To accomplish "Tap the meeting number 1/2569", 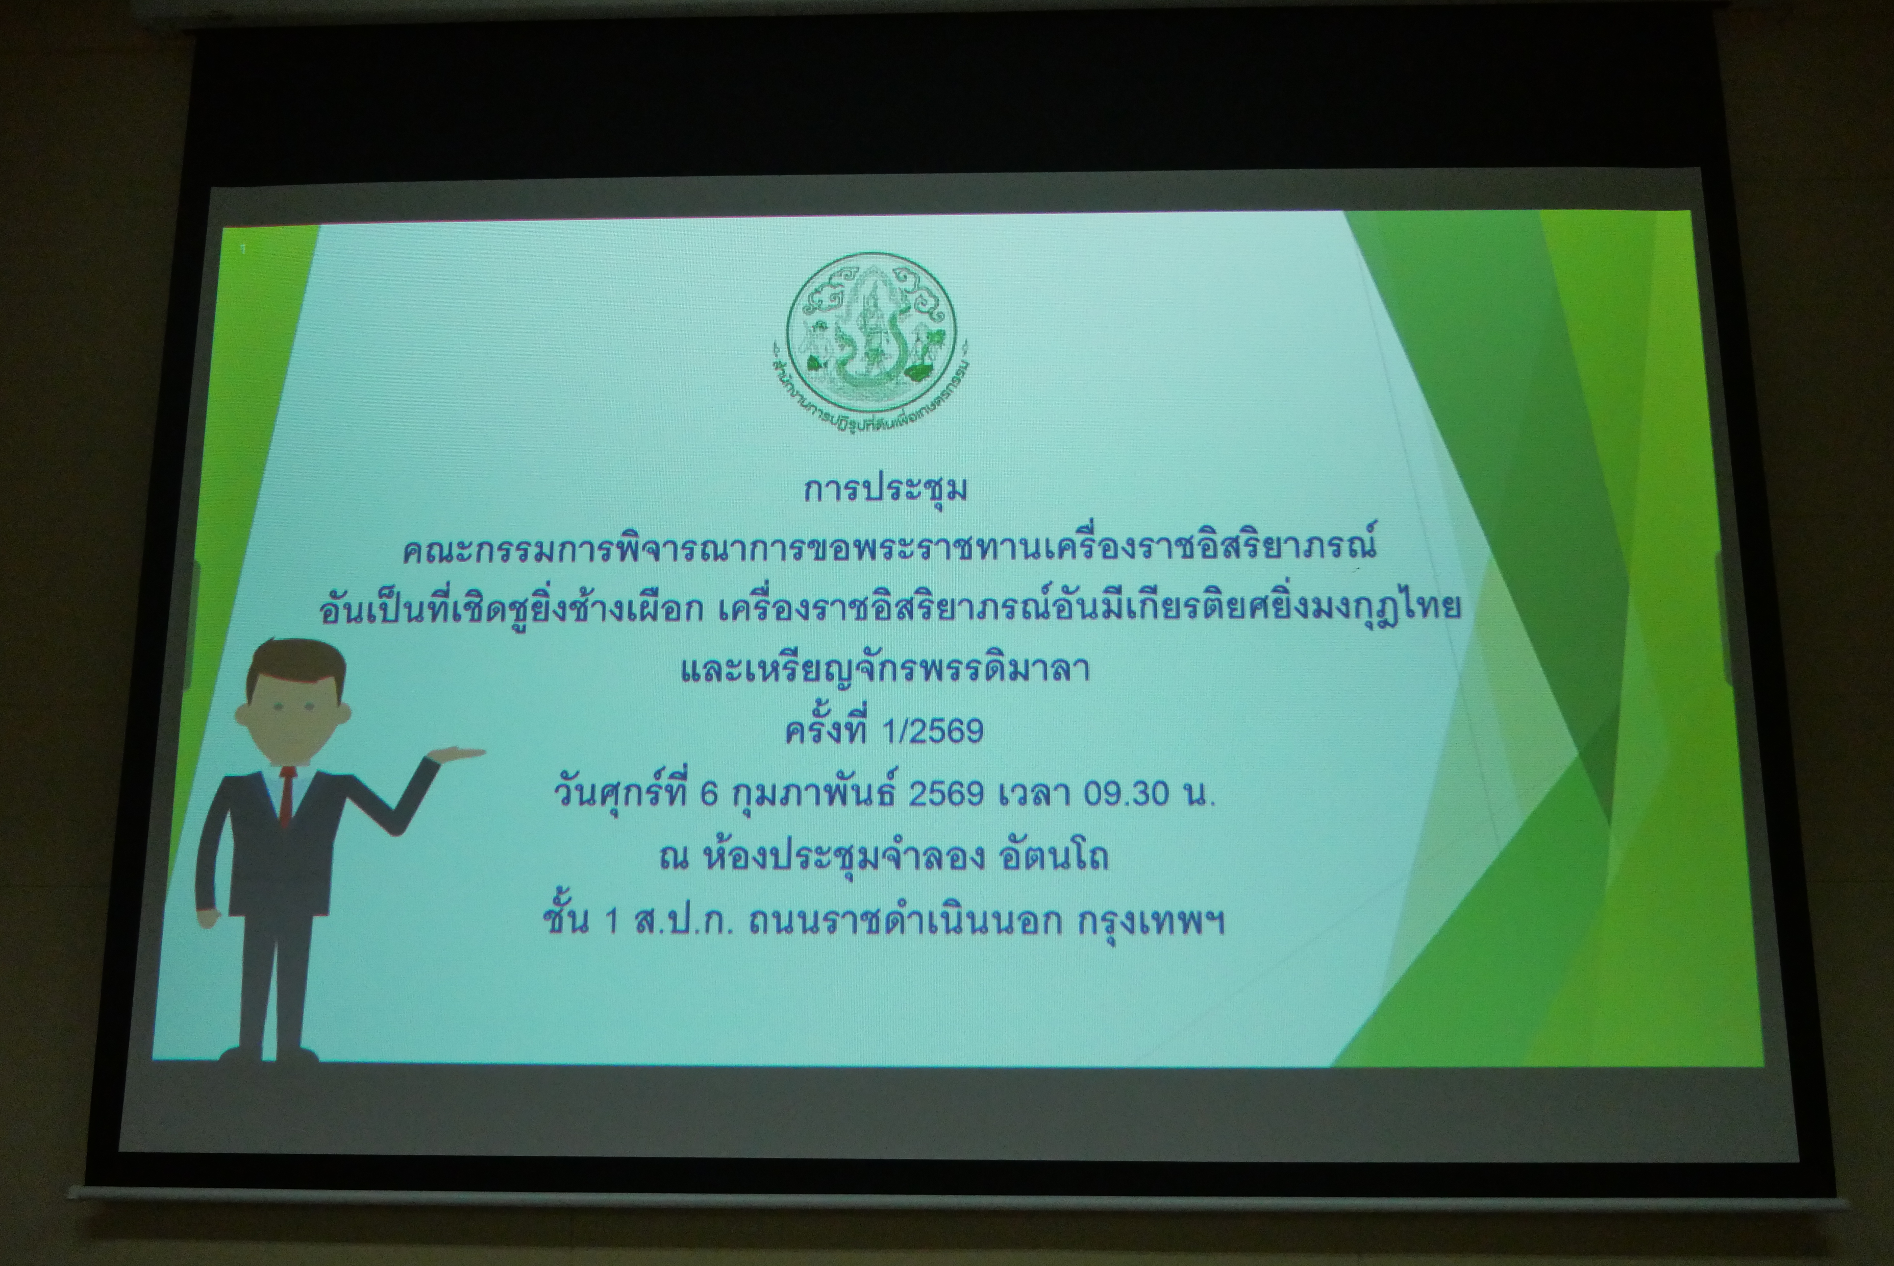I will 932,731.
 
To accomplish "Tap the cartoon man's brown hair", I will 295,664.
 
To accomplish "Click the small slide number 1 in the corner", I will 243,250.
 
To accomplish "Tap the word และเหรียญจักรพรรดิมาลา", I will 885,669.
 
